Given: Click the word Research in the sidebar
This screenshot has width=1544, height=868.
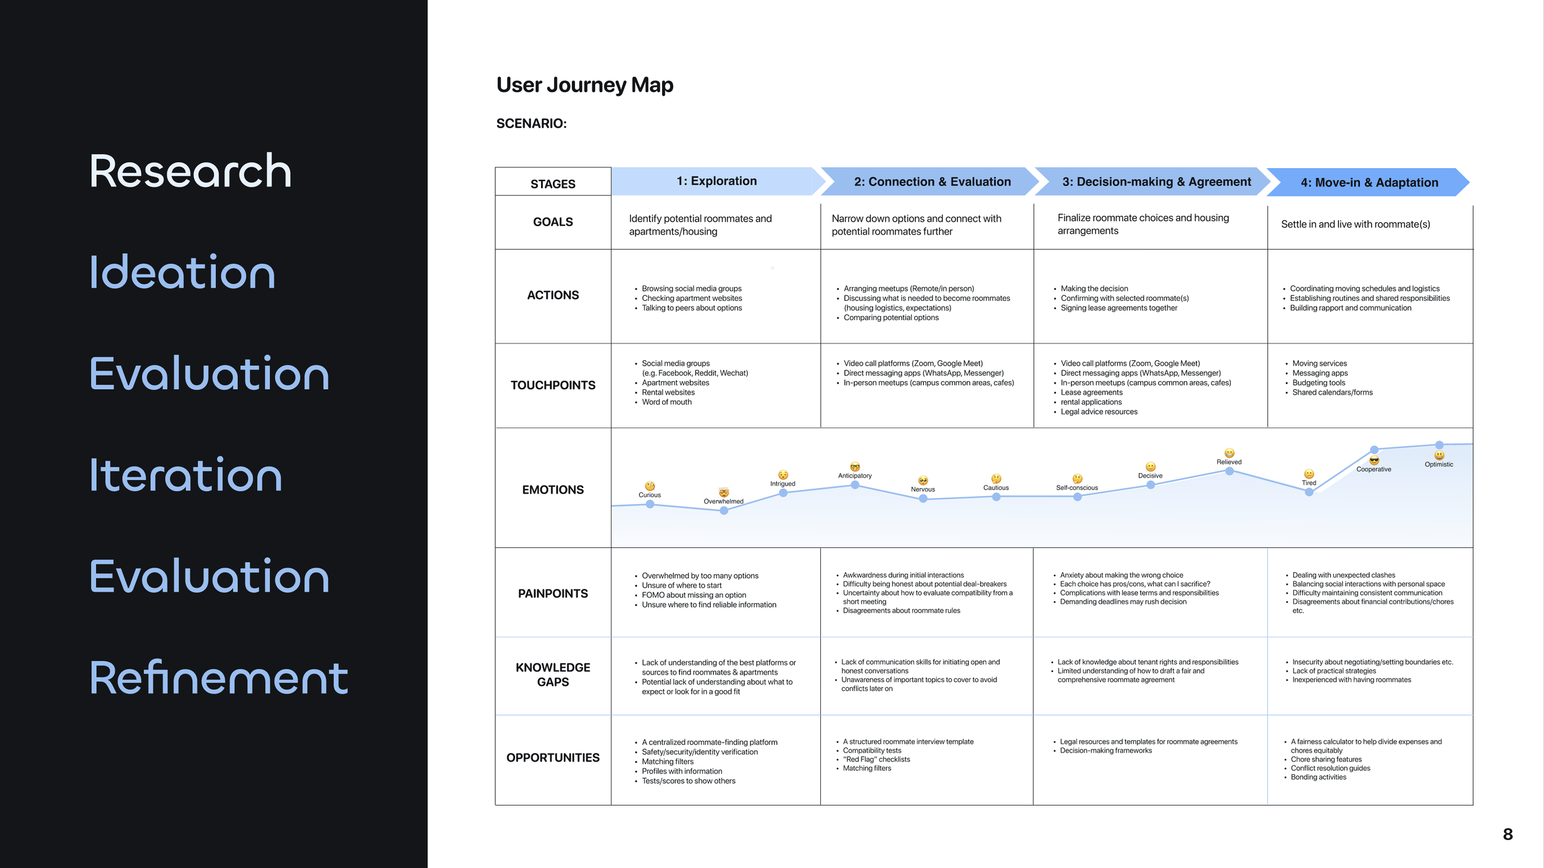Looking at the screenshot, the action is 190,171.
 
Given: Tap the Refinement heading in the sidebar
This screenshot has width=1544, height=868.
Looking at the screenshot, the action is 219,678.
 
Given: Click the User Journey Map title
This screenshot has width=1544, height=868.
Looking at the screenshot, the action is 584,85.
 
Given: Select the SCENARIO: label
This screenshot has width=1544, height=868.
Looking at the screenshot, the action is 531,124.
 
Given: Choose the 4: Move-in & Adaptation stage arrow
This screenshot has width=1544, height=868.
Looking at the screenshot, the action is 1369,182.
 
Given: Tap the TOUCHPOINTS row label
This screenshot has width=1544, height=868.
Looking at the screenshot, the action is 553,386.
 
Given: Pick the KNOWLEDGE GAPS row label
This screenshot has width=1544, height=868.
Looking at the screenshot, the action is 553,675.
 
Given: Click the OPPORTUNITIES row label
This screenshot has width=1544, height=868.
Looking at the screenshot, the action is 553,758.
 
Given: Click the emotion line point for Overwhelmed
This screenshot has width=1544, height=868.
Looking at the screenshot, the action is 724,511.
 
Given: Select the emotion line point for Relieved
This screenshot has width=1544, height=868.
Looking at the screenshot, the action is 1229,471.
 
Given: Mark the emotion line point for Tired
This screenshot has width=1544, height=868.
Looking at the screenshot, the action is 1309,492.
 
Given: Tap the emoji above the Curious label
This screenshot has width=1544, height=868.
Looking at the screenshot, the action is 650,486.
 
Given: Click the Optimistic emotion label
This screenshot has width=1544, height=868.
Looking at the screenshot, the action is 1438,465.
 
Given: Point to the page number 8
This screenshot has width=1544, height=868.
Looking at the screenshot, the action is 1508,835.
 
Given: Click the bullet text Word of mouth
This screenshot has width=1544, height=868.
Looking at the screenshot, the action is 666,402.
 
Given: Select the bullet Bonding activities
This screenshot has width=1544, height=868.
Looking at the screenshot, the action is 1318,777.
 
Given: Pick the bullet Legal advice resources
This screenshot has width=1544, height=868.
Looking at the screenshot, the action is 1099,412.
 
